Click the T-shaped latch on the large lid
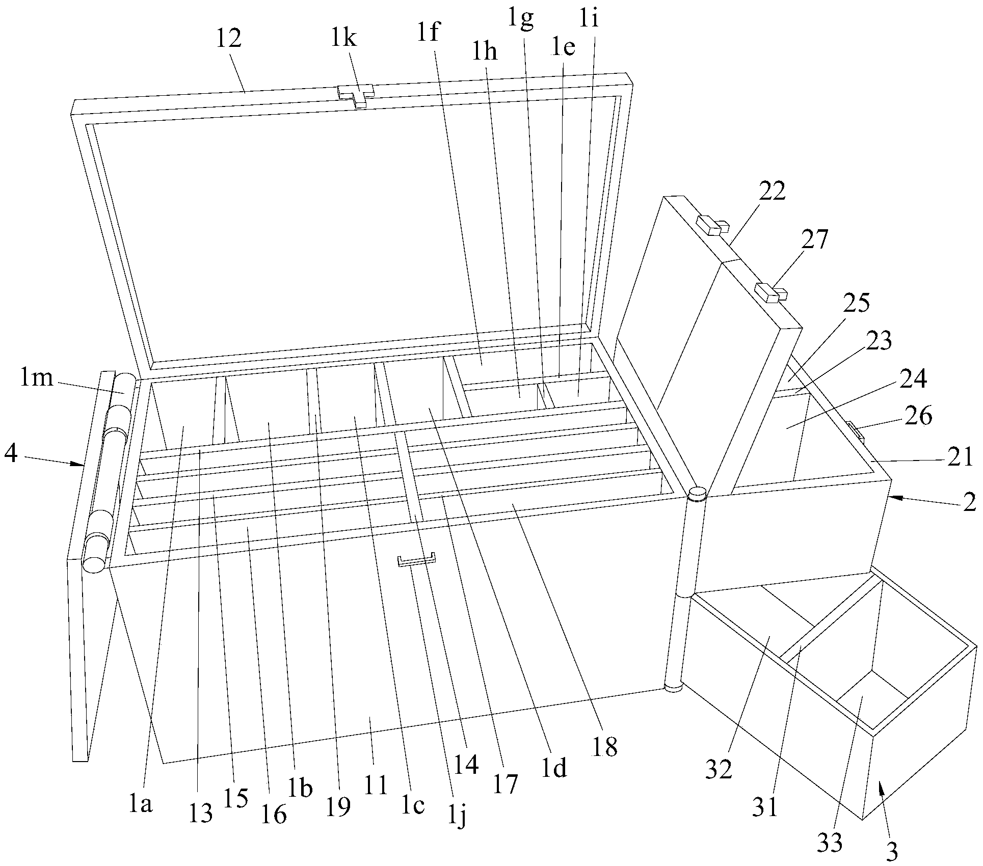357,95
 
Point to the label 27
814,239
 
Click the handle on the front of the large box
417,560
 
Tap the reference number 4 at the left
11,453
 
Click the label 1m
38,378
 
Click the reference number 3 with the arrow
892,851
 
